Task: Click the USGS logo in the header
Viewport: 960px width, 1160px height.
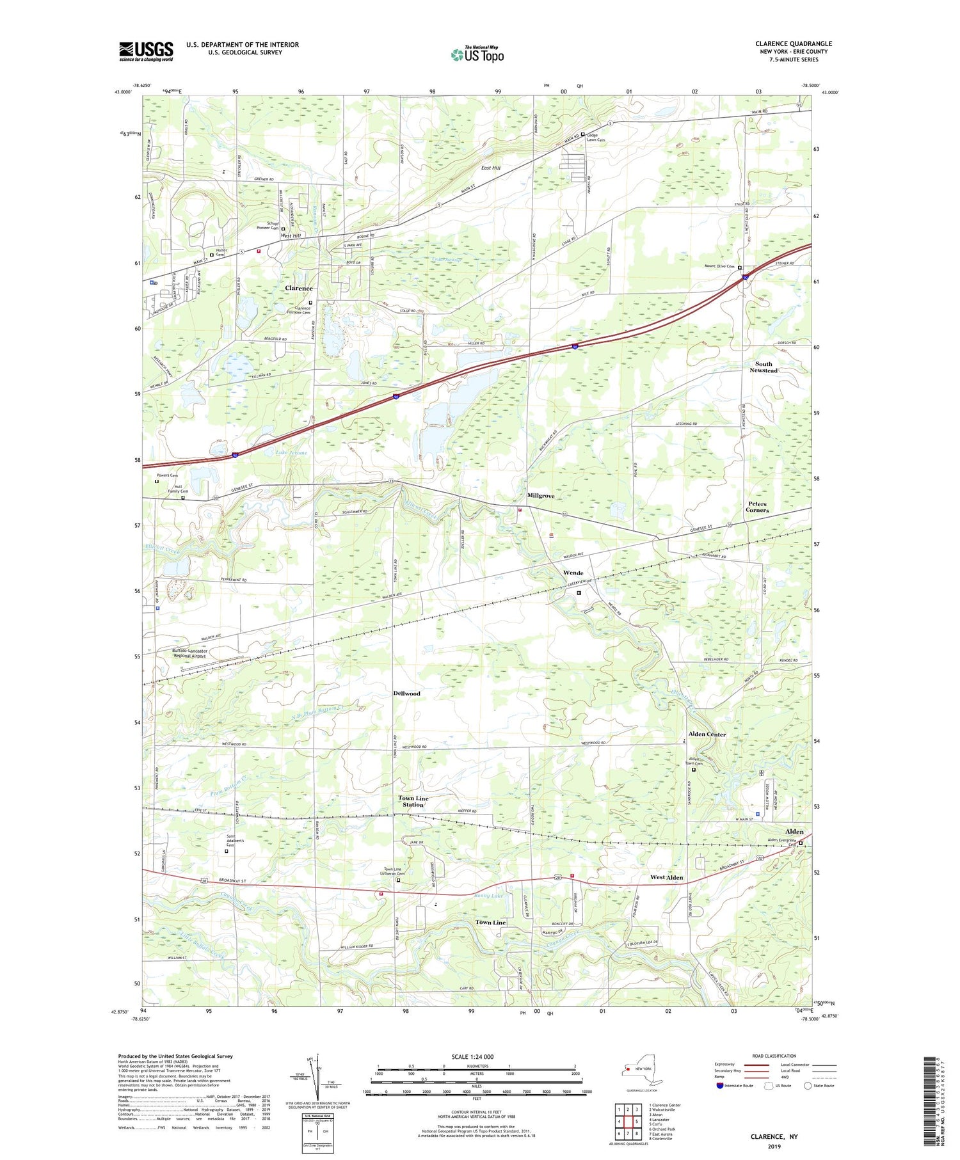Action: pos(146,51)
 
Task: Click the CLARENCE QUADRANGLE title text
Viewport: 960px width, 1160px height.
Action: pos(793,44)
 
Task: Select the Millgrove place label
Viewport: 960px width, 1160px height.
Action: pos(541,496)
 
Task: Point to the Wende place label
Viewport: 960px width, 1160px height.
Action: pos(573,572)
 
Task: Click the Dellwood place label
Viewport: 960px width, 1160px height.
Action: pos(406,694)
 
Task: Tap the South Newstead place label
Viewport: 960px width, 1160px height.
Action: pos(764,367)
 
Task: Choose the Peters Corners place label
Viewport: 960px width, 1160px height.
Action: pos(757,507)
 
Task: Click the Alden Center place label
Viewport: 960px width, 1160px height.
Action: pos(707,735)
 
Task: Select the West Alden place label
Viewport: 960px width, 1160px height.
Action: pos(666,878)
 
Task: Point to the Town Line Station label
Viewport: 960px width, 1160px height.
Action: pos(413,801)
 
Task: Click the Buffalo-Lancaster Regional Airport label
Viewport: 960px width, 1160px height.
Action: pos(189,653)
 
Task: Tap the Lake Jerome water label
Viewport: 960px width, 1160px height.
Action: pos(291,452)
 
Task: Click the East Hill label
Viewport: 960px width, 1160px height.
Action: pos(491,168)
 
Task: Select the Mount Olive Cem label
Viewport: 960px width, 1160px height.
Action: pos(719,266)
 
